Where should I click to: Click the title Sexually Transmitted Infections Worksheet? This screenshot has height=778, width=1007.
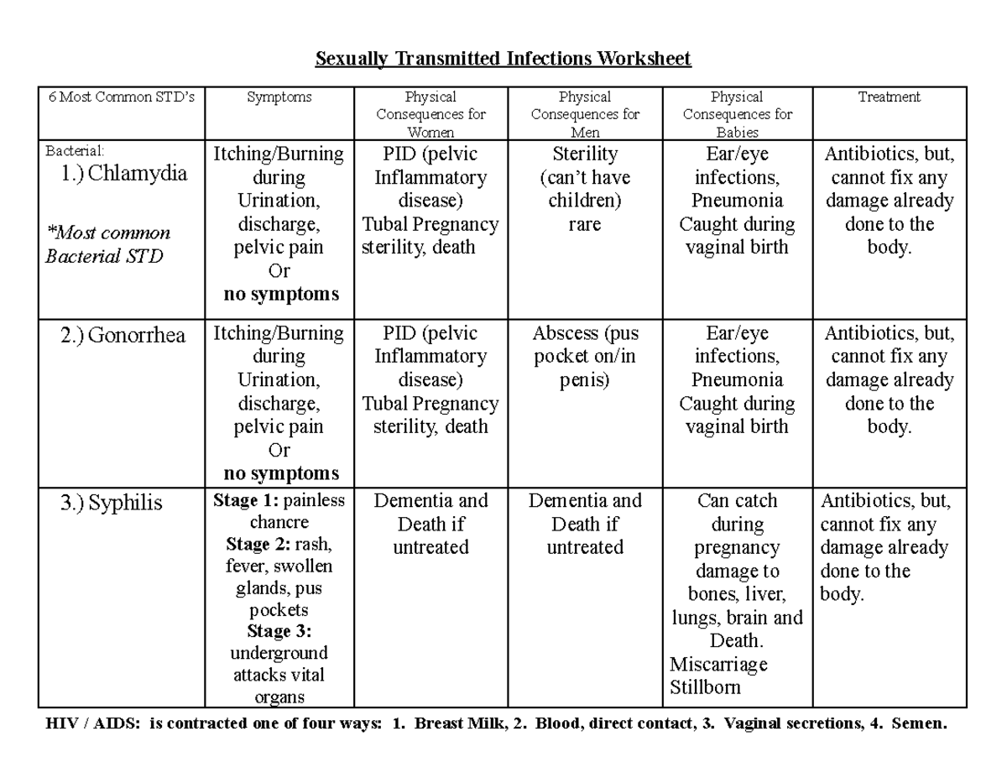click(503, 59)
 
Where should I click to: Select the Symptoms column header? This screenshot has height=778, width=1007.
click(279, 97)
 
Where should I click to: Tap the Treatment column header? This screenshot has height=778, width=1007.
click(889, 97)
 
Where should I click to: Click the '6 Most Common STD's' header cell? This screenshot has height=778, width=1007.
click(122, 97)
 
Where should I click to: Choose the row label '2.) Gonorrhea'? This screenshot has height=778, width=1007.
click(123, 336)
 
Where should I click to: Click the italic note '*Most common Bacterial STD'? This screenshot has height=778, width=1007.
click(107, 244)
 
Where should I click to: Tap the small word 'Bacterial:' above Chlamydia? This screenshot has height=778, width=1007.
click(75, 151)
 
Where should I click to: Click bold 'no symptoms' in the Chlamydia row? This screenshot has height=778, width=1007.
click(281, 295)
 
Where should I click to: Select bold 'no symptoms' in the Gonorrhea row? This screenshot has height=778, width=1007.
click(281, 473)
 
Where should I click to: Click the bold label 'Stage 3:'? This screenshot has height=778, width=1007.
click(279, 631)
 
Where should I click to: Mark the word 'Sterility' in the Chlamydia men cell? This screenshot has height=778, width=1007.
click(585, 154)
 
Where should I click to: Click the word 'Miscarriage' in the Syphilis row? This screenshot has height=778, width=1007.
click(719, 665)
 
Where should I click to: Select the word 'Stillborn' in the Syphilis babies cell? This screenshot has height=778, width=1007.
click(706, 688)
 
